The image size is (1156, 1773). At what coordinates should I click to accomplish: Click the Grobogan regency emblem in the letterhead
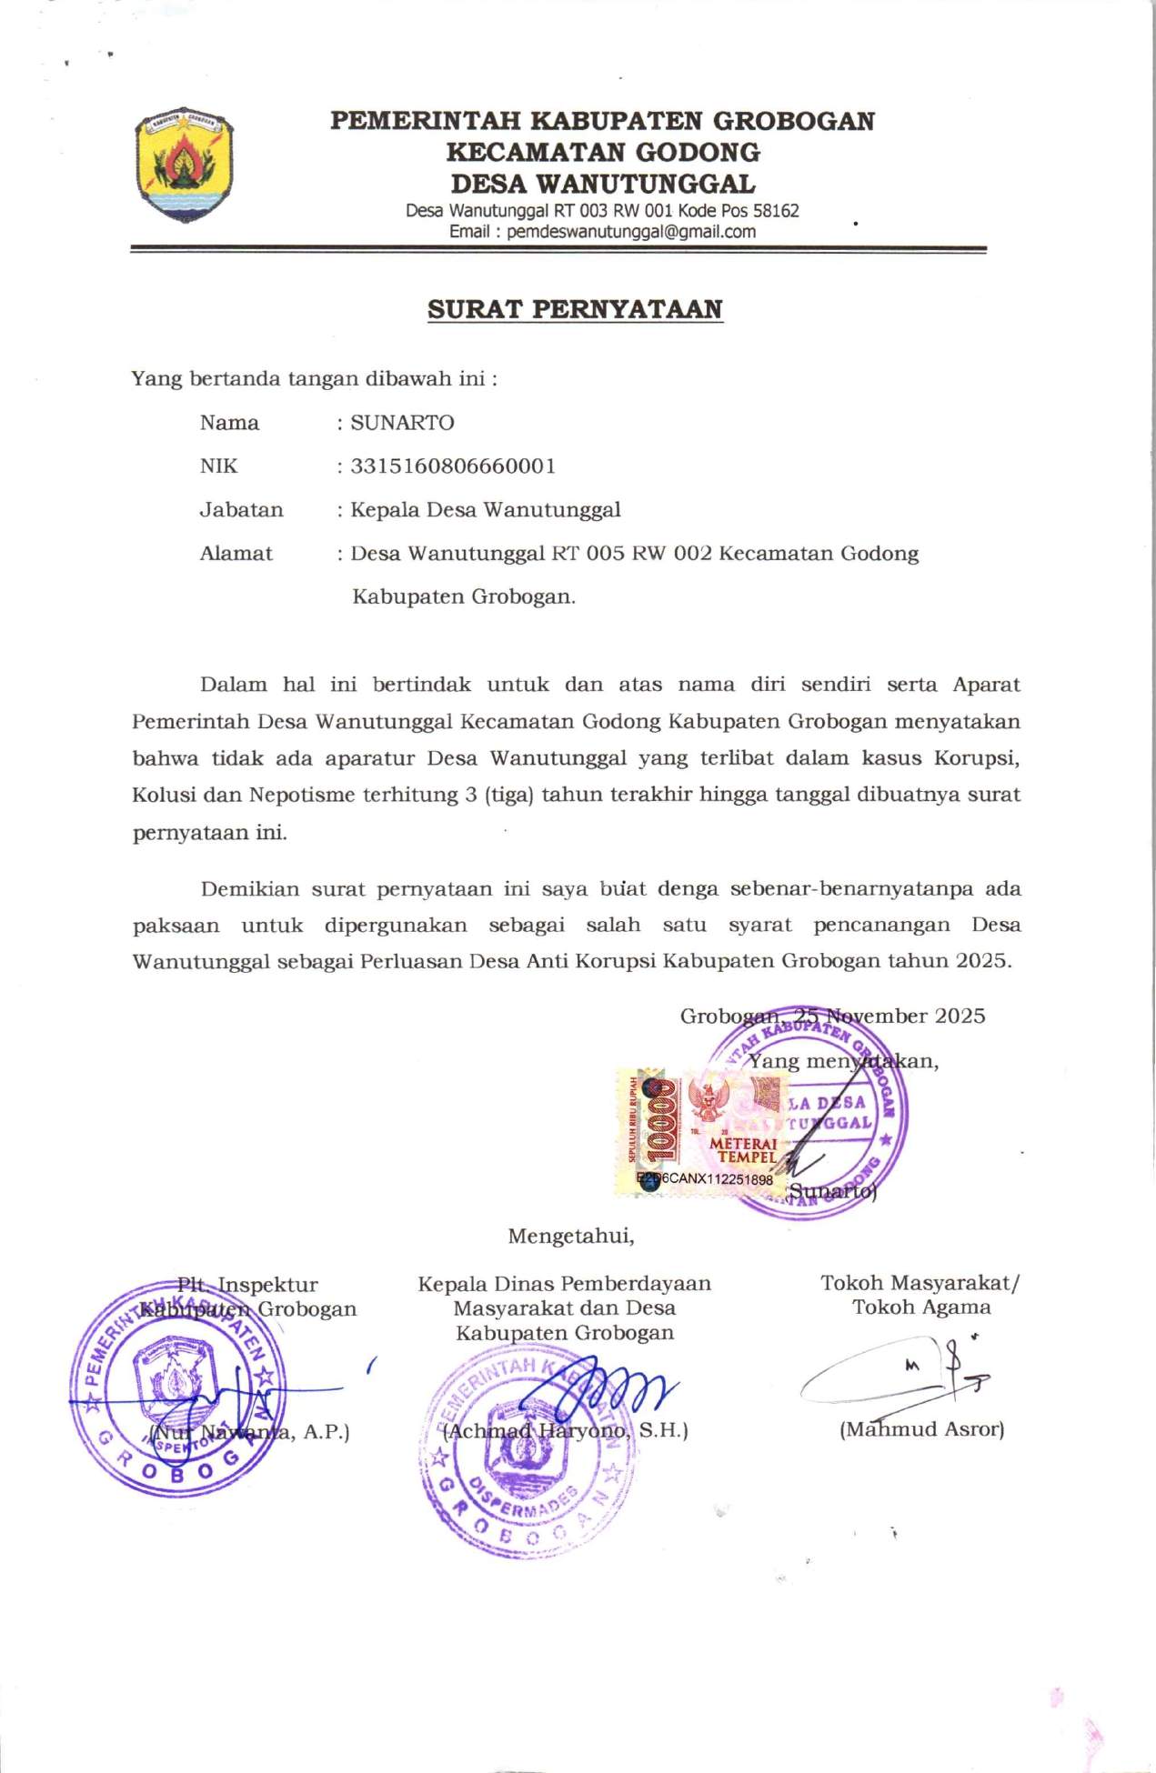[x=185, y=164]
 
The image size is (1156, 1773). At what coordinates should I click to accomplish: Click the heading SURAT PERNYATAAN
[x=575, y=309]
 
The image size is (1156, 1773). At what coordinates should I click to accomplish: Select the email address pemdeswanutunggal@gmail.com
[x=631, y=232]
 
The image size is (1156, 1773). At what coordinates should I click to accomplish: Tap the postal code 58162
[x=776, y=211]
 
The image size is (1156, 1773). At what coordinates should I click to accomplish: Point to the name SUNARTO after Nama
[x=402, y=423]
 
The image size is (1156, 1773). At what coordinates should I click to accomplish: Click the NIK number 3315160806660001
[x=453, y=466]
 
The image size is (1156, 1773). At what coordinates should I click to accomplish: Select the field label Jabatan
[x=241, y=510]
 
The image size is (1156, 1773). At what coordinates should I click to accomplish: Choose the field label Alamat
[x=236, y=554]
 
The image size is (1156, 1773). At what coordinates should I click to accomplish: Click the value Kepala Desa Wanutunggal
[x=486, y=510]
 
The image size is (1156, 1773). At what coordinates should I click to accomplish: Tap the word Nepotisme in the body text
[x=302, y=795]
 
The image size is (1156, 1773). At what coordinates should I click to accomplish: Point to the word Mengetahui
[x=570, y=1237]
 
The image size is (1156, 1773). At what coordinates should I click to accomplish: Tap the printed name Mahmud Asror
[x=921, y=1429]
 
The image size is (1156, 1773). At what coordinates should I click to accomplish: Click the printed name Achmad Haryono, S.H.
[x=565, y=1431]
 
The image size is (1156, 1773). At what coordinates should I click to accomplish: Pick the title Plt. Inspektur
[x=247, y=1285]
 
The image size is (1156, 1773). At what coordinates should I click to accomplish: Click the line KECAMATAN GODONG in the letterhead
[x=602, y=152]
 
